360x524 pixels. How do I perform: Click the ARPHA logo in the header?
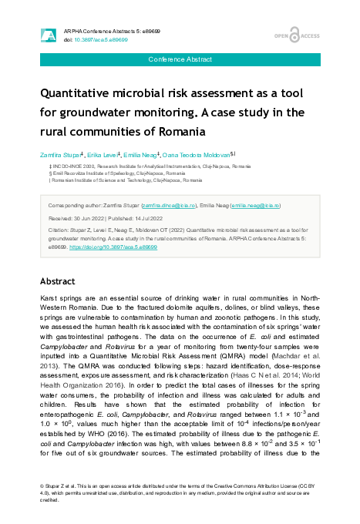49,35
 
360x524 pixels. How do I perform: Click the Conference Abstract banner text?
180,59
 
